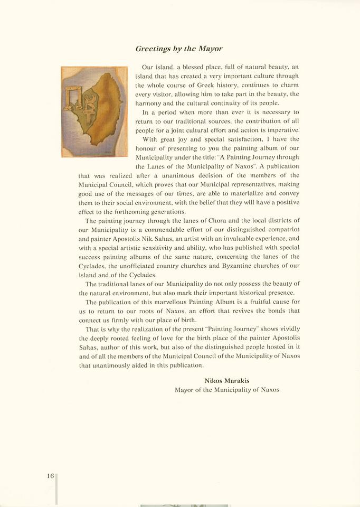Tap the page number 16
tap(50, 476)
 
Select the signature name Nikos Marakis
tap(226, 380)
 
